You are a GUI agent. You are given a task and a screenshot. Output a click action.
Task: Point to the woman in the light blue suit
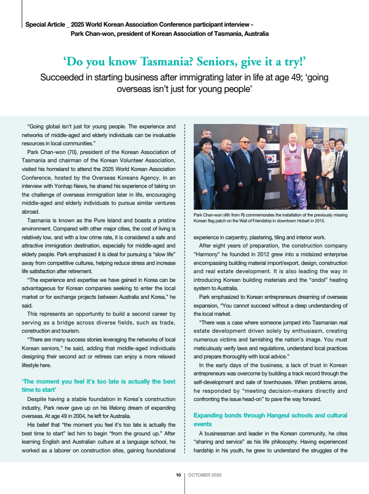pyautogui.click(x=205, y=170)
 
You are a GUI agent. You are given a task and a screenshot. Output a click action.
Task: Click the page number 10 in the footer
pyautogui.click(x=178, y=475)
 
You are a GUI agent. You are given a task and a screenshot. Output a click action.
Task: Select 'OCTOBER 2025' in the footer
pyautogui.click(x=205, y=475)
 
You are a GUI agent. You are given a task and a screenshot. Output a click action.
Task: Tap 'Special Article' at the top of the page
pyautogui.click(x=46, y=24)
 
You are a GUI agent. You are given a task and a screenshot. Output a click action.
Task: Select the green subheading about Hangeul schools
pyautogui.click(x=270, y=419)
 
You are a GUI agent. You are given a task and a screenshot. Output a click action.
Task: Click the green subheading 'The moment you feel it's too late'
pyautogui.click(x=99, y=386)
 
